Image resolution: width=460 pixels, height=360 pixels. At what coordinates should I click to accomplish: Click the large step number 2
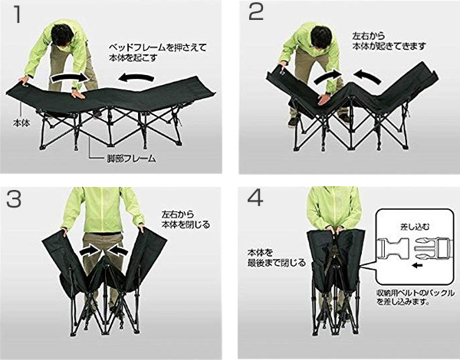(x=256, y=12)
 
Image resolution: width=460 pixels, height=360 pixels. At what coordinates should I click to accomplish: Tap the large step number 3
(x=14, y=199)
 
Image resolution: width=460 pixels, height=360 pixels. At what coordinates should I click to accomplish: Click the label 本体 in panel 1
(x=21, y=123)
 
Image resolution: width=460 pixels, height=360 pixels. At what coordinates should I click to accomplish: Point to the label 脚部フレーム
(x=130, y=159)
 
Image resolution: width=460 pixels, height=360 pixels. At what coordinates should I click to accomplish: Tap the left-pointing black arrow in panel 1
(x=136, y=77)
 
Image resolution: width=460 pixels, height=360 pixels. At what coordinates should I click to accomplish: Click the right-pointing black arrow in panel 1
(x=70, y=77)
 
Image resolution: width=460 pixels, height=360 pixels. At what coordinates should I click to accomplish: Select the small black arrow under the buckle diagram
(x=417, y=266)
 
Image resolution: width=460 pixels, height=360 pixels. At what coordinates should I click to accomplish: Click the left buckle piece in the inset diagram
(x=393, y=249)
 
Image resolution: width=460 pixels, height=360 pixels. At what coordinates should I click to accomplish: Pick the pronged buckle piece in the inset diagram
(x=431, y=249)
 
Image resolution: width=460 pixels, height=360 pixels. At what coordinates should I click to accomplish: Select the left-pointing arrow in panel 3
(x=118, y=250)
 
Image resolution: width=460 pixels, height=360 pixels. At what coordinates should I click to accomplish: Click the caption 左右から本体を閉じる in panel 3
(x=186, y=220)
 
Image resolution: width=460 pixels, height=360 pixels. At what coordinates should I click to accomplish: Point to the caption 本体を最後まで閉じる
(x=277, y=257)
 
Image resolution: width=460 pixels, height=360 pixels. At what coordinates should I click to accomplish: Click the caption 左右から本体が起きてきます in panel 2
(x=389, y=41)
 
